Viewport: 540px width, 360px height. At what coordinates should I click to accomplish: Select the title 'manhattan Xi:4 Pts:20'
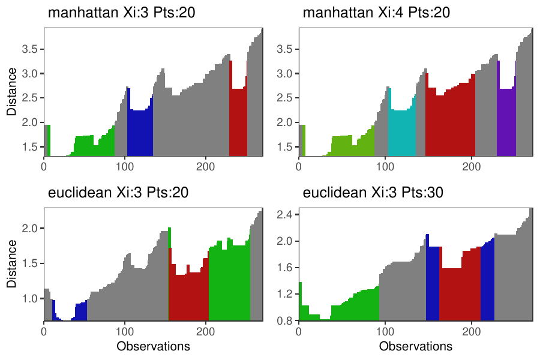(376, 13)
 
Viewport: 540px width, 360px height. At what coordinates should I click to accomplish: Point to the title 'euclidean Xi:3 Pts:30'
(376, 193)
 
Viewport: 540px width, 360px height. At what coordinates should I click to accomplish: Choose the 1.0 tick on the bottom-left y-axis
(30, 298)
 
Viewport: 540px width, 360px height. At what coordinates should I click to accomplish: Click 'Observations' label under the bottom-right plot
(416, 346)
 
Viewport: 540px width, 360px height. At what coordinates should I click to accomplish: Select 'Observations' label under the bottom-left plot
(153, 346)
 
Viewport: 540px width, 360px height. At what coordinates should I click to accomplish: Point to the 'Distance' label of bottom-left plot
(12, 265)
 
